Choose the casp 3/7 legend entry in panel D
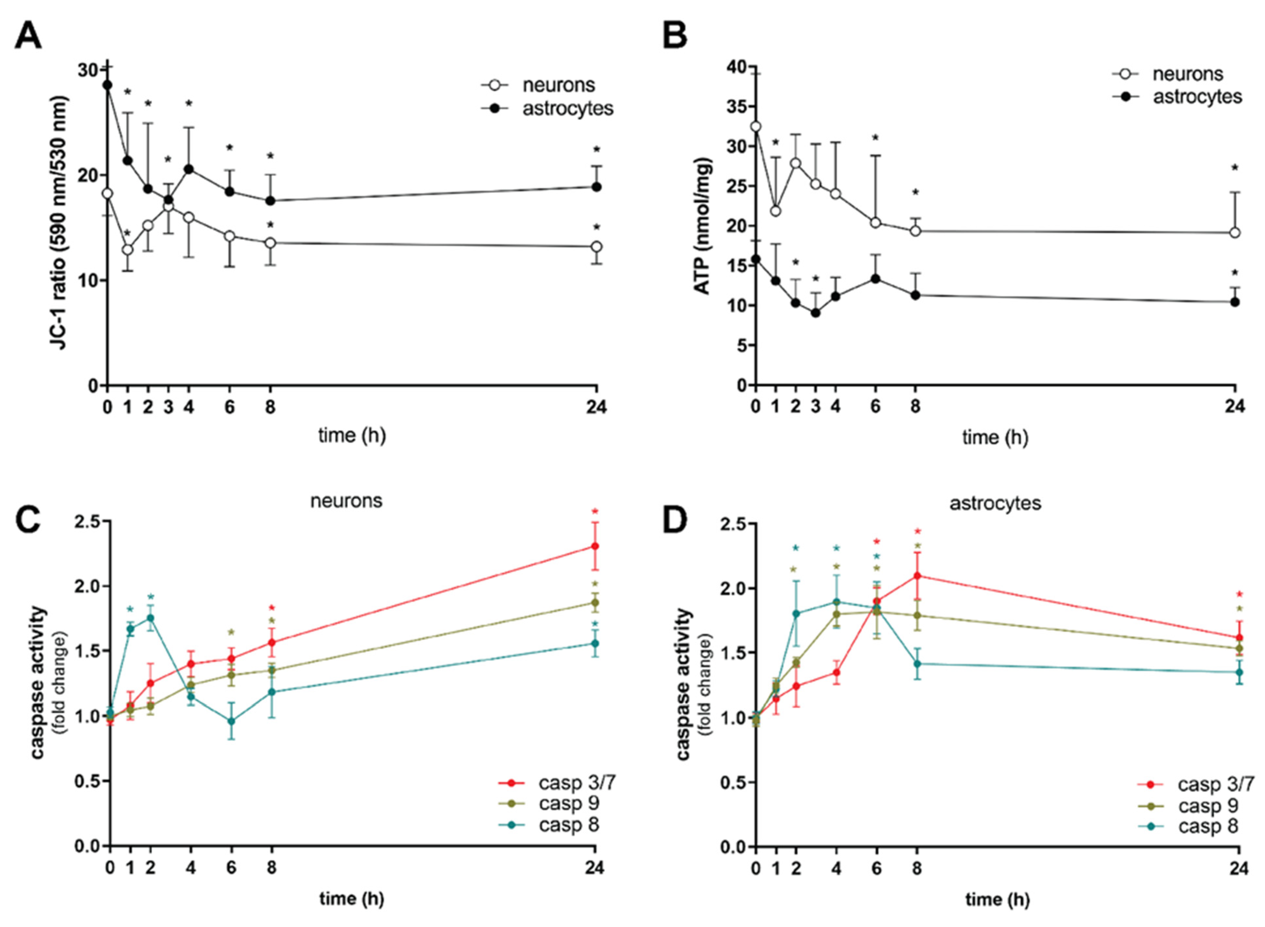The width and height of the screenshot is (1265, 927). click(x=1215, y=784)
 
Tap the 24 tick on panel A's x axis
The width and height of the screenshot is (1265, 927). click(x=596, y=406)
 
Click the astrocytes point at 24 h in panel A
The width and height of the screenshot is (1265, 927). click(x=596, y=187)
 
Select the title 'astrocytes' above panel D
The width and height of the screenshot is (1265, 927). click(x=995, y=503)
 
